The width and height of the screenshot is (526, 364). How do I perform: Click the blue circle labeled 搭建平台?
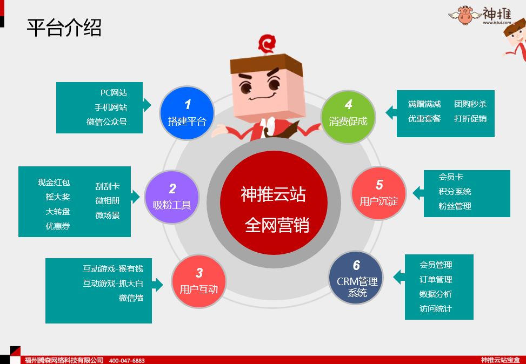(187, 113)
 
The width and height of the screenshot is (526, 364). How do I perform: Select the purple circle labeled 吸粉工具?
(172, 197)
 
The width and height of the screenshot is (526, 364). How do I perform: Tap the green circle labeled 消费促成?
(348, 117)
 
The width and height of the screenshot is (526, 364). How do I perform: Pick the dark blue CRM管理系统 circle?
(356, 278)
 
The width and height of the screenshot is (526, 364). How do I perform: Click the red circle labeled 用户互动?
(199, 281)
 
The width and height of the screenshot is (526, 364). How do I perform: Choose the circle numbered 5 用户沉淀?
(379, 193)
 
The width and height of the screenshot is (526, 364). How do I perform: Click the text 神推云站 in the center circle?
(273, 194)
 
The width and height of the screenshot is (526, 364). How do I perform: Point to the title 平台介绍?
(64, 28)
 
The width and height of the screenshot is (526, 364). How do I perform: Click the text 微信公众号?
(106, 122)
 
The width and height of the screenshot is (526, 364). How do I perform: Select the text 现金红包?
(54, 183)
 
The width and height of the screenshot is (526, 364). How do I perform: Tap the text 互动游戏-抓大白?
(113, 283)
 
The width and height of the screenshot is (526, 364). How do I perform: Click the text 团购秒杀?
(470, 104)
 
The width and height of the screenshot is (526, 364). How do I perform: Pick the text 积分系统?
(455, 191)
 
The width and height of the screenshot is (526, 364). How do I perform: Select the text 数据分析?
(435, 294)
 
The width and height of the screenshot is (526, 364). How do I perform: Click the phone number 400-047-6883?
(127, 361)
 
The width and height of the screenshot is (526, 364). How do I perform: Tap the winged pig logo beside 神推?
(465, 15)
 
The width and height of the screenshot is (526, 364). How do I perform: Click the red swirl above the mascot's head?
(267, 44)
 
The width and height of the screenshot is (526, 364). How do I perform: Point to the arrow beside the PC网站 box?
(147, 105)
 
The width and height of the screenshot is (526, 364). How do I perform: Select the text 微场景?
(108, 215)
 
